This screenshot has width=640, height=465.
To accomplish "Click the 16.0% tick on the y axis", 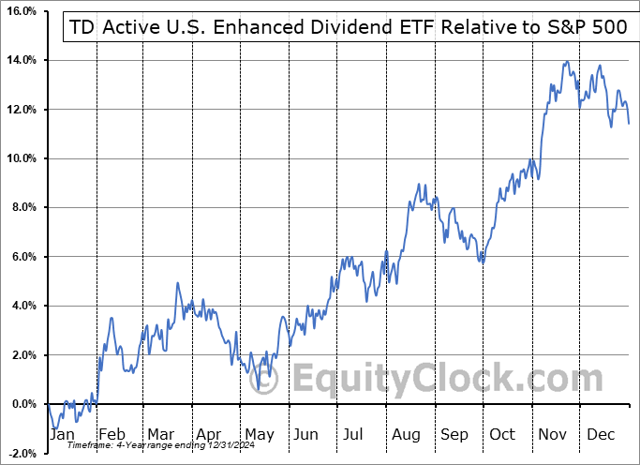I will coord(21,11).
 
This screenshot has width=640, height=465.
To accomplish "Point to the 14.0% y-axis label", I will coord(21,60).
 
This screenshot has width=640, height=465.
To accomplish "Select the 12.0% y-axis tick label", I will coord(21,110).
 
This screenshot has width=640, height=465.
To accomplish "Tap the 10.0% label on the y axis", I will coord(21,158).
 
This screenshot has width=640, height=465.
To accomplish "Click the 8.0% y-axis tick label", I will coord(23,207).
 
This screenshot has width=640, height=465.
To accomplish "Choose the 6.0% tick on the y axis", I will coord(23,257).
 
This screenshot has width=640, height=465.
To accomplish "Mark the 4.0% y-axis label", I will coord(23,306).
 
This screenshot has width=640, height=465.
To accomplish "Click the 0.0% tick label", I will coord(23,404).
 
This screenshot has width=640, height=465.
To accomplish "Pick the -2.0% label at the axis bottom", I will coord(22,453).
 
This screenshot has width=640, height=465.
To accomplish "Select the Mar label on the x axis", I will coord(161,434).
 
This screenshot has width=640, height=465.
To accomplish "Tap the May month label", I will coord(260,434).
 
